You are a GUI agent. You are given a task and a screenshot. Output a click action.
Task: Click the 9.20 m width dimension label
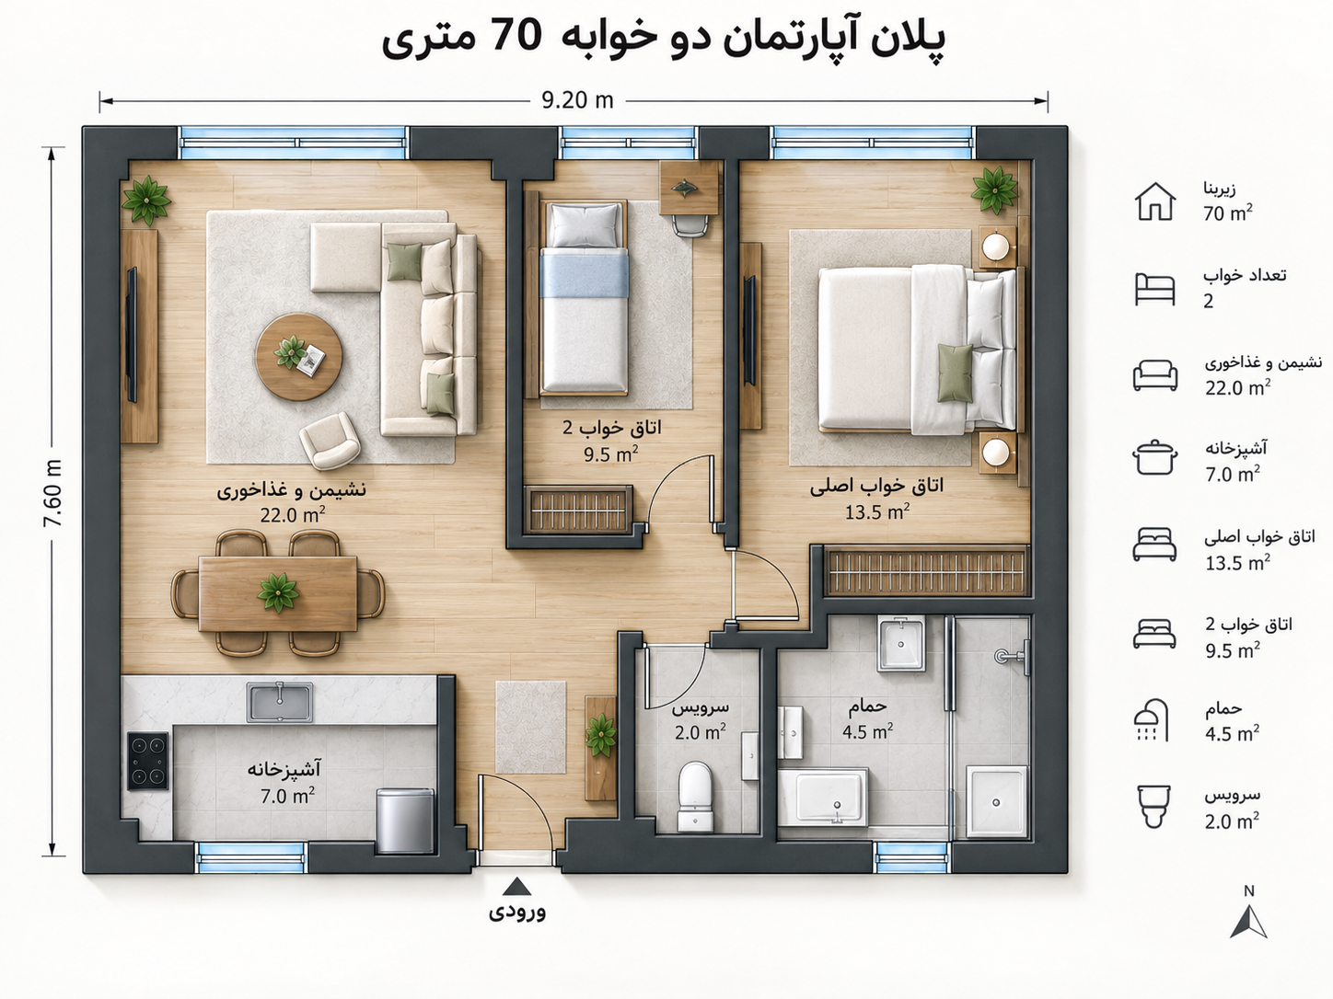point(577,100)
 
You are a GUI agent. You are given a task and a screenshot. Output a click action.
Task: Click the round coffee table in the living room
point(298,357)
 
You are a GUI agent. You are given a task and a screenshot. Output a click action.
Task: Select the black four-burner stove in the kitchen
point(147,762)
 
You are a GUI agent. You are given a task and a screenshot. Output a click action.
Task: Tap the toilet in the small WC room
point(695,797)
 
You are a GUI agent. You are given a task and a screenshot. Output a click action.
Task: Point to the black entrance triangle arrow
point(516,887)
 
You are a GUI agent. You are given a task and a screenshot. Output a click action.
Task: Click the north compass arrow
point(1249,922)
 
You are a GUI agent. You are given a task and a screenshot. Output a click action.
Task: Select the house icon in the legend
point(1155,201)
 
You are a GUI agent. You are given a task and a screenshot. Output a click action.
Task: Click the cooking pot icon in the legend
point(1154,458)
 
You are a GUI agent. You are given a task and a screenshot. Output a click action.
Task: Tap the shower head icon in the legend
point(1152,720)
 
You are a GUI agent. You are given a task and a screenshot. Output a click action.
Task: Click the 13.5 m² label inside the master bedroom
point(877,512)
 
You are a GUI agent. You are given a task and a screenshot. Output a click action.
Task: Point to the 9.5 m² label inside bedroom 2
point(610,454)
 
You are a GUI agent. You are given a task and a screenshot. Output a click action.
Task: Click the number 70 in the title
point(516,36)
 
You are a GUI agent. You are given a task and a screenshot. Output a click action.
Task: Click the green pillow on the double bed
point(955,373)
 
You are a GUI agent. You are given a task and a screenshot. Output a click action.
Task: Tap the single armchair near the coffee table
point(330,441)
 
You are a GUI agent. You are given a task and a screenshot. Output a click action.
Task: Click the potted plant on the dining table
point(278,592)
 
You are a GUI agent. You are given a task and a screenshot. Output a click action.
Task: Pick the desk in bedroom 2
point(690,188)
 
